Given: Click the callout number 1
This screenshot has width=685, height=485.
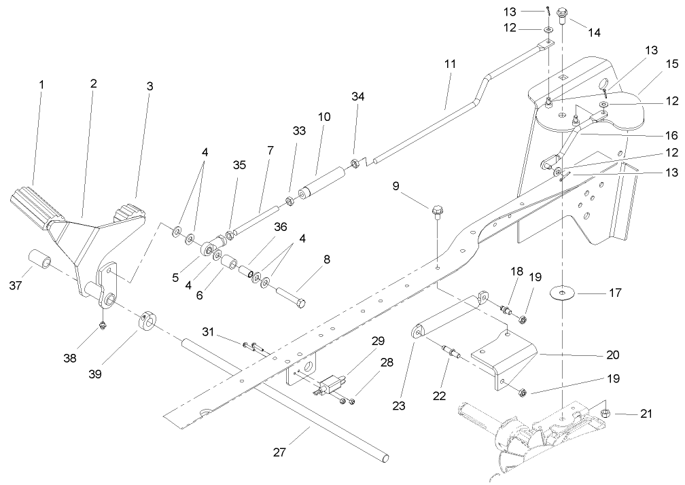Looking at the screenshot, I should point(41,85).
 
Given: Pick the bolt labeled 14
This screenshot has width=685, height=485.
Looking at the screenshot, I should point(563,14).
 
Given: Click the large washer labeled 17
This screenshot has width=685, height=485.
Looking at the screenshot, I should point(562,293).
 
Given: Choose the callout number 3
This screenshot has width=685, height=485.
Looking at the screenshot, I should point(150,86).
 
